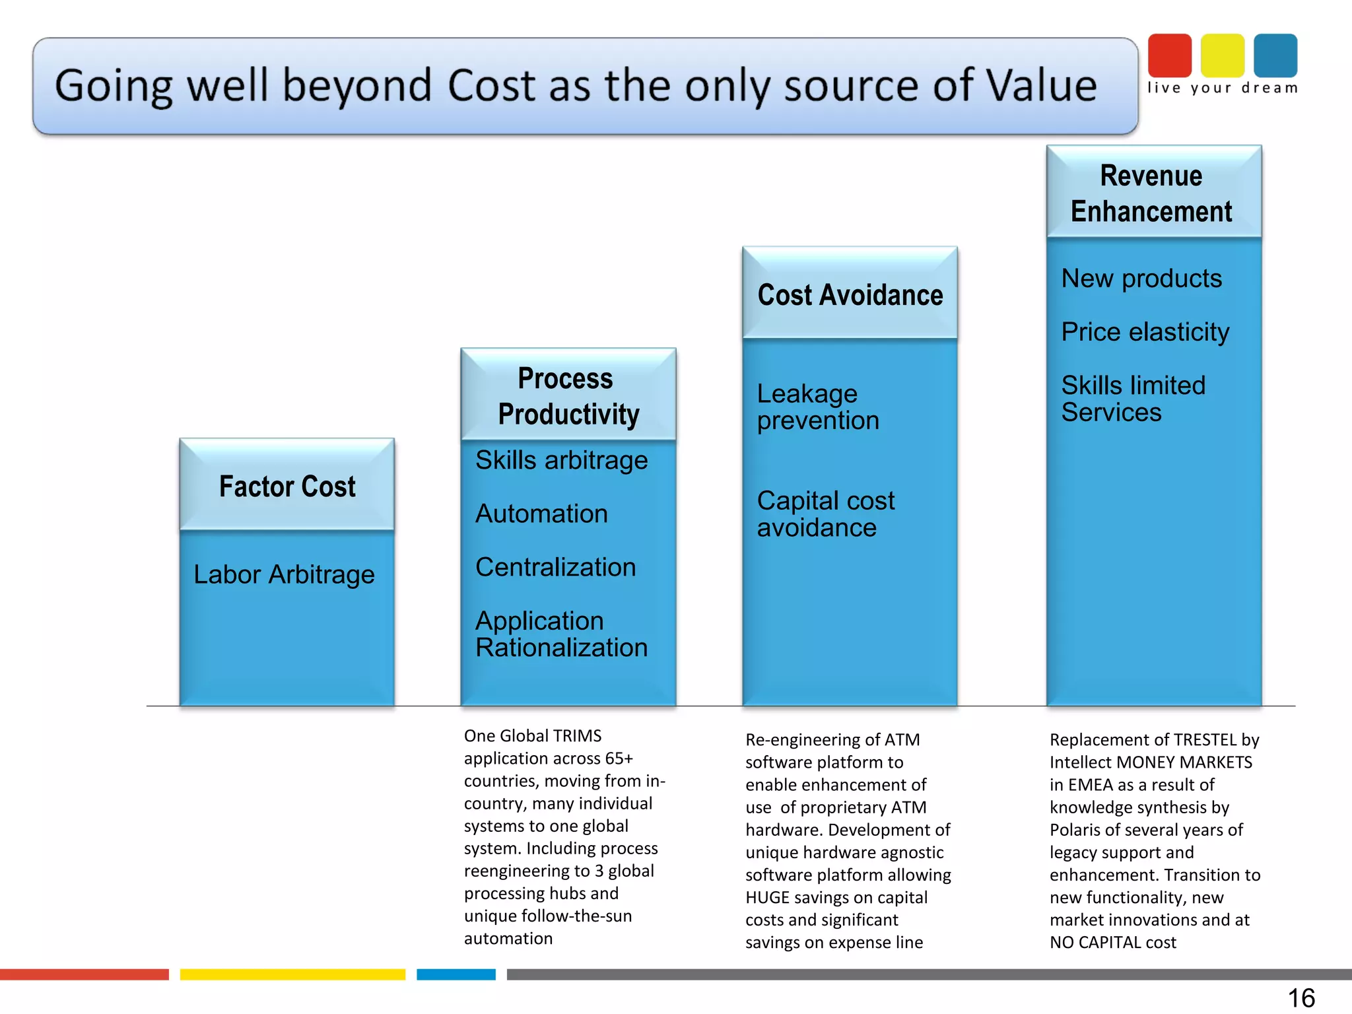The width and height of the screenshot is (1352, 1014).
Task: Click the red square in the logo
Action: (1170, 55)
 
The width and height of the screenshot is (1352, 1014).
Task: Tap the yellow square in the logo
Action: (1223, 55)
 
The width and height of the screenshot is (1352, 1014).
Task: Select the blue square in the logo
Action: (1275, 55)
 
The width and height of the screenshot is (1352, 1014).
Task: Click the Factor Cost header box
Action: (287, 486)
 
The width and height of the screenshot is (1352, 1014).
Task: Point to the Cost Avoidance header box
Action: (850, 294)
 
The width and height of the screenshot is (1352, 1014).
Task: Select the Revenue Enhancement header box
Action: (1153, 193)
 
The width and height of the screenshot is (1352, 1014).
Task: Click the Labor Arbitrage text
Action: (284, 574)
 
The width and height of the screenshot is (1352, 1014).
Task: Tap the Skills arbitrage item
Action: (561, 460)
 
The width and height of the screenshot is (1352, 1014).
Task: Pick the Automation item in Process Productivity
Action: (541, 514)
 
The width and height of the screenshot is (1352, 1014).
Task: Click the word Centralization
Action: (555, 567)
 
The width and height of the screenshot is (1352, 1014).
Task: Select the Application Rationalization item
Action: (561, 634)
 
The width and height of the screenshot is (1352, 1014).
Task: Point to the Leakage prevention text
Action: (817, 407)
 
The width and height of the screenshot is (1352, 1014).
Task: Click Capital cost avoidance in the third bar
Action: (825, 514)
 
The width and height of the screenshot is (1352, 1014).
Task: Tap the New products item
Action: (1141, 279)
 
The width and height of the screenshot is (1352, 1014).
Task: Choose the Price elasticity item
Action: (1145, 331)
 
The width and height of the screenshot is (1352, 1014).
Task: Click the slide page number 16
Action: (1301, 997)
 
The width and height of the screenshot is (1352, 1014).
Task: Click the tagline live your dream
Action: (1223, 88)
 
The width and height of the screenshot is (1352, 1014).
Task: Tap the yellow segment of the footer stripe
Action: (292, 974)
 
